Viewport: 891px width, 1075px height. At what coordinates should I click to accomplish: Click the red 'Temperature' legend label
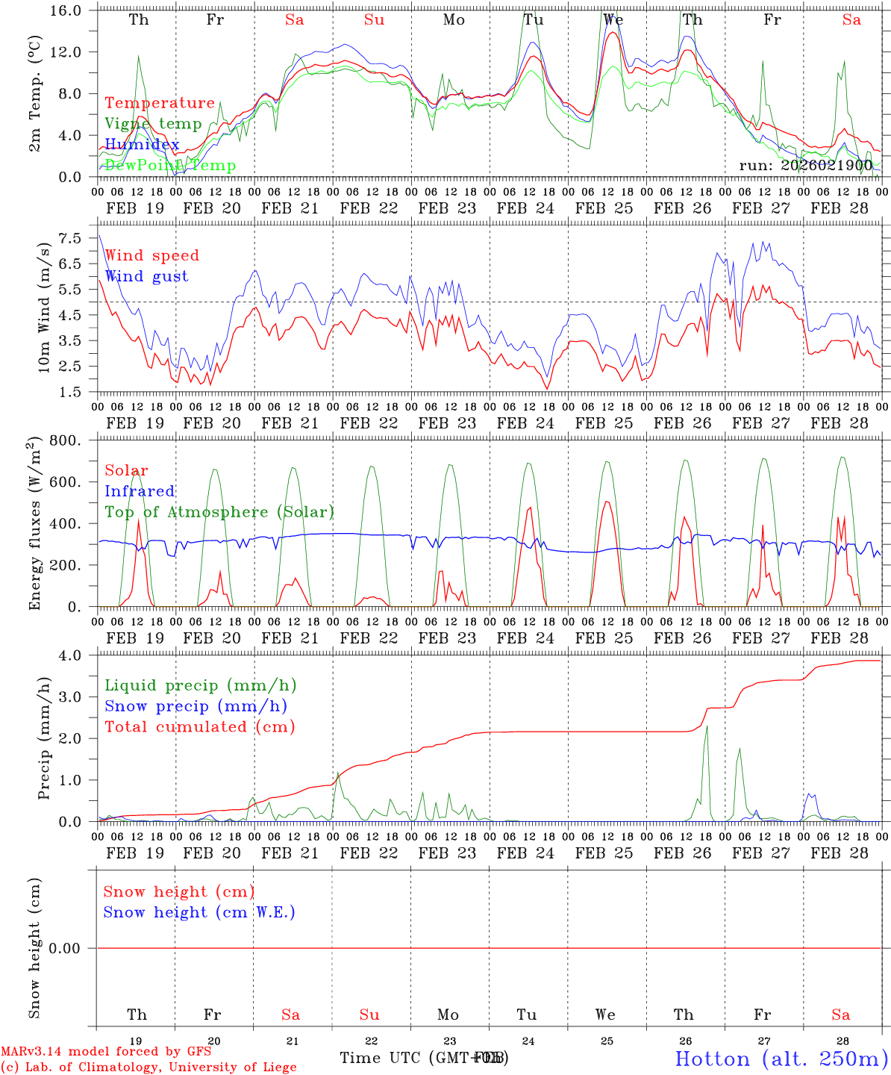pos(160,103)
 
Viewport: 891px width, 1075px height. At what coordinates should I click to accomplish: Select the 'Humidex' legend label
pos(142,144)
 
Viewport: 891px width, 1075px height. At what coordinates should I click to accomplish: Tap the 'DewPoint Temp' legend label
pos(170,165)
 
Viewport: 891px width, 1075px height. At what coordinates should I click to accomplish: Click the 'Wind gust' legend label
pos(146,276)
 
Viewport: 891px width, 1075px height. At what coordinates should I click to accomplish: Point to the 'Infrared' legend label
pos(140,491)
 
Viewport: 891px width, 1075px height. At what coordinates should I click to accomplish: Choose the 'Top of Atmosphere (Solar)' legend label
pos(219,512)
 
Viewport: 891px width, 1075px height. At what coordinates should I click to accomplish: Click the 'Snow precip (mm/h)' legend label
pos(196,706)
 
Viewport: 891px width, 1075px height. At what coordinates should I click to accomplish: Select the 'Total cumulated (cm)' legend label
pos(199,727)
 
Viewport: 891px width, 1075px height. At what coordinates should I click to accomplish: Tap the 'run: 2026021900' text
pos(805,165)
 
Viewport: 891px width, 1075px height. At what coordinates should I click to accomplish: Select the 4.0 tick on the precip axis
pos(76,655)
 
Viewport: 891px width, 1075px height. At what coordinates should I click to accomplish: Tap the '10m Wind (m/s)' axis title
pos(44,307)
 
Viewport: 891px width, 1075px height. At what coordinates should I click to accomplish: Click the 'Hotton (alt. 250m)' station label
pos(781,1059)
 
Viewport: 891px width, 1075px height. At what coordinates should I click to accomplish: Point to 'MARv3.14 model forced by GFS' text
pos(106,1052)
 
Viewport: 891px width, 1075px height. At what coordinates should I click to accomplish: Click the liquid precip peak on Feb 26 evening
pos(706,726)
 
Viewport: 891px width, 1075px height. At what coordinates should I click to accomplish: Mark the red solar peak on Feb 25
pos(607,502)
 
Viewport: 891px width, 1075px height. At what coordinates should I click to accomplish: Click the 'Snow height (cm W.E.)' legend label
pos(199,912)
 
